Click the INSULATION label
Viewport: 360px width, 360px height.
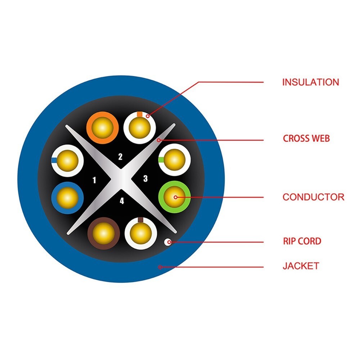(x=310, y=82)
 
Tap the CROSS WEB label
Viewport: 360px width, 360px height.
(x=306, y=139)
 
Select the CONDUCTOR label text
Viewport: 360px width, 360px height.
(x=314, y=197)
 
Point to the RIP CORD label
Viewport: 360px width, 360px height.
(x=302, y=241)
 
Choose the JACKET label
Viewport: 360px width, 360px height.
(x=301, y=266)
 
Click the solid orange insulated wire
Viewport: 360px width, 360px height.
(x=102, y=128)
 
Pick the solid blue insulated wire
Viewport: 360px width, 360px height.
(x=67, y=198)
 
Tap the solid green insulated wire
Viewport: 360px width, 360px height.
(x=175, y=197)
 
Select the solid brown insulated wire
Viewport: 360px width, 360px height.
(x=104, y=233)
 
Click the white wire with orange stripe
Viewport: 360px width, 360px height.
(x=140, y=128)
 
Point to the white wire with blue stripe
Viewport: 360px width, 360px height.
(x=67, y=161)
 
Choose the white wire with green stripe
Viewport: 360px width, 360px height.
(x=175, y=160)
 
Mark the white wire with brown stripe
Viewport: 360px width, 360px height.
(x=141, y=233)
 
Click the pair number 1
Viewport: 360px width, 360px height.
(x=94, y=180)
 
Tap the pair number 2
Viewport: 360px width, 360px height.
(x=120, y=157)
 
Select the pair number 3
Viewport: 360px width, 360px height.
(x=145, y=179)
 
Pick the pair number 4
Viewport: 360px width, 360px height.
(x=122, y=201)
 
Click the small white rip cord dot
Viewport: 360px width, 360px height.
(x=168, y=242)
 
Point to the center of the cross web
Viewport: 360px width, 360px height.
(x=121, y=179)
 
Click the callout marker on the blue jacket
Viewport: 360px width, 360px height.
(x=160, y=267)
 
